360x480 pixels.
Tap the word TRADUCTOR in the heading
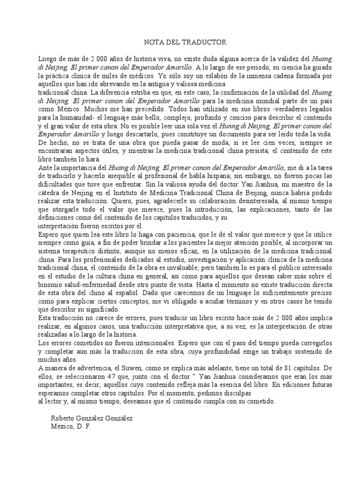pyautogui.click(x=206, y=42)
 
